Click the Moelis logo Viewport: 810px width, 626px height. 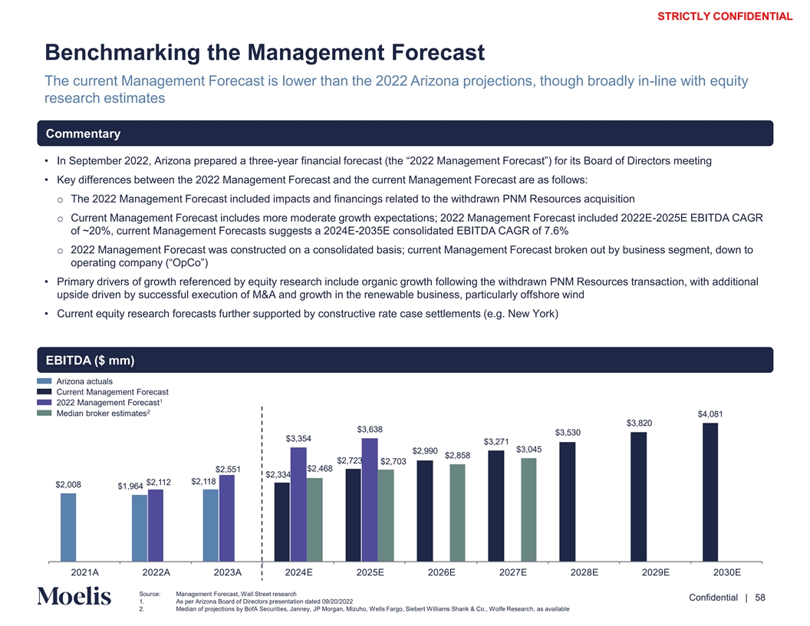74,597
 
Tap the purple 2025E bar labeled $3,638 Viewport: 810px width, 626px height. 370,499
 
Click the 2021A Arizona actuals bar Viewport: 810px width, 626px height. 68,527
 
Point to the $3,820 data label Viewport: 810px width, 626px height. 640,423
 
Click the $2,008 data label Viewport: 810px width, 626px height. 68,485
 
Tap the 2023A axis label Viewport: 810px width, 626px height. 228,572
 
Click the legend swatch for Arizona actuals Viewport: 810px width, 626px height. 44,381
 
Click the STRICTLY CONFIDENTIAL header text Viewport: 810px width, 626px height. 726,16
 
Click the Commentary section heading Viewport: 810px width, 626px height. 83,133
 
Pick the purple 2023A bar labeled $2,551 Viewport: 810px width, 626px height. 227,518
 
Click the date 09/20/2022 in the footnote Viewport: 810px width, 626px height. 328,601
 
